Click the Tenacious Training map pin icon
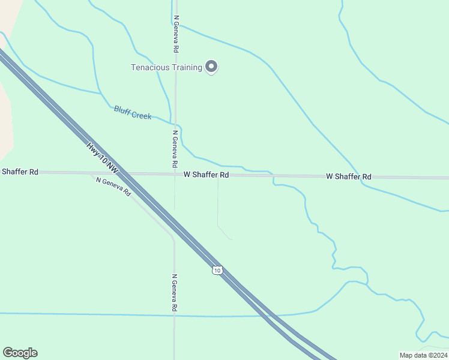click(x=211, y=67)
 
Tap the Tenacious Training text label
click(x=166, y=67)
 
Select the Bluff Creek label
click(x=133, y=112)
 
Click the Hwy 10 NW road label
click(x=103, y=159)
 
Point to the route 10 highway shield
click(x=217, y=271)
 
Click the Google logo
click(x=20, y=352)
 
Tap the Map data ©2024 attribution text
click(x=423, y=355)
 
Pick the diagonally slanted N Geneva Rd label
click(x=113, y=187)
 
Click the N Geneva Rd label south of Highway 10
click(x=174, y=293)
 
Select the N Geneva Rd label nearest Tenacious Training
click(x=175, y=34)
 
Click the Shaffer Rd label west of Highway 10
click(x=20, y=172)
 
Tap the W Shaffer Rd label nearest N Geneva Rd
click(x=206, y=175)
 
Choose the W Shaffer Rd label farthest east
click(x=348, y=176)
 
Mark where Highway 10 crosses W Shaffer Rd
click(x=122, y=174)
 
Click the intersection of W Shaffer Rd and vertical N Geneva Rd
click(x=175, y=174)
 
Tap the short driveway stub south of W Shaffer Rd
click(x=218, y=204)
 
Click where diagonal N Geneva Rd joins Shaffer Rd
click(x=91, y=174)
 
